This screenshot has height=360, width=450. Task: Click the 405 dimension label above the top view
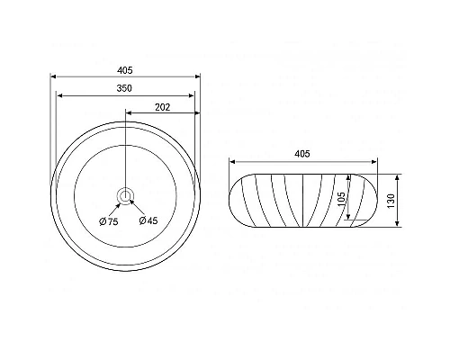124,70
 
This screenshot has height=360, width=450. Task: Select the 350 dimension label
124,88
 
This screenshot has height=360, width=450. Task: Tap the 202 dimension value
163,107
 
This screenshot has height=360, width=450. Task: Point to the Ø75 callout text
109,221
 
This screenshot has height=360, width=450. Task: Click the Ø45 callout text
148,220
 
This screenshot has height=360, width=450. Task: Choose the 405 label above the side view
302,154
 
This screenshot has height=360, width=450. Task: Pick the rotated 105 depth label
341,199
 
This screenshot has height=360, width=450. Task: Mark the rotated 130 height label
391,201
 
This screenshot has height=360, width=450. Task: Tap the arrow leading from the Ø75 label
114,210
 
